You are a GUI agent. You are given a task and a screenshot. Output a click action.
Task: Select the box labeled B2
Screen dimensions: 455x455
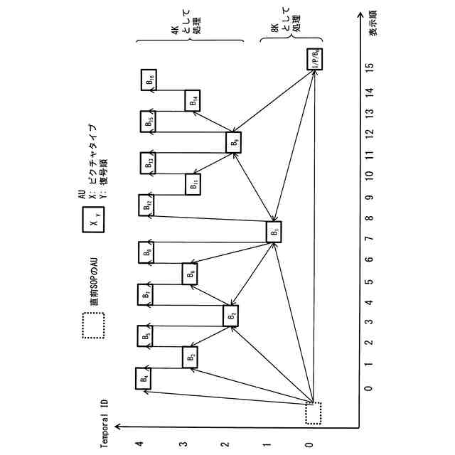[x=232, y=315]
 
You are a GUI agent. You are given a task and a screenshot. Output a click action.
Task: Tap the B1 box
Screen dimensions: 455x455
[x=274, y=232]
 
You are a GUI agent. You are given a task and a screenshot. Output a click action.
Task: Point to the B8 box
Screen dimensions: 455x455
[x=146, y=252]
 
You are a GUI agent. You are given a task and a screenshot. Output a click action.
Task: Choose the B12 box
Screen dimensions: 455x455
[x=146, y=205]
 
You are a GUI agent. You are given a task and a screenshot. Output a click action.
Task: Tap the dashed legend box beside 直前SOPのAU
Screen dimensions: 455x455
[x=93, y=327]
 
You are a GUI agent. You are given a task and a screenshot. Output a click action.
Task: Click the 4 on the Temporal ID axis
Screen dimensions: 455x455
[x=140, y=444]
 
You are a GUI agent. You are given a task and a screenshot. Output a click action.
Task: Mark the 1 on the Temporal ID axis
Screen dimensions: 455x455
[x=267, y=444]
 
